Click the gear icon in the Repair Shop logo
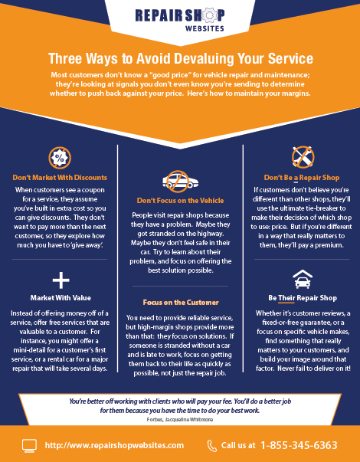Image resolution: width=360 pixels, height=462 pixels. (209, 15)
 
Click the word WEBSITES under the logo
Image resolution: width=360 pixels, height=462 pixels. (205, 28)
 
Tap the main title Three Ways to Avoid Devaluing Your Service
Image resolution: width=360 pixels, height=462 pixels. (181, 58)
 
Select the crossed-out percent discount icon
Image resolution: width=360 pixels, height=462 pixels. (60, 158)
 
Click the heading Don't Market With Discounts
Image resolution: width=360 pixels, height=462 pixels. (60, 178)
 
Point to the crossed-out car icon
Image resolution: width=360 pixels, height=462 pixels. (180, 182)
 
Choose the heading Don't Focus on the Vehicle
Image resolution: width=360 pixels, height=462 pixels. (180, 201)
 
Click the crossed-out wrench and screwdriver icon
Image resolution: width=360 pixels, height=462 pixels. (303, 157)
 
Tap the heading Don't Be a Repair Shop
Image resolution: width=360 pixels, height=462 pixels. (302, 178)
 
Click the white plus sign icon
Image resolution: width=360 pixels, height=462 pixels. (61, 280)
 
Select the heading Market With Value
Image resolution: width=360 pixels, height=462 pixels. (61, 298)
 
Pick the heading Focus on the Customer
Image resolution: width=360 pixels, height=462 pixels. (181, 303)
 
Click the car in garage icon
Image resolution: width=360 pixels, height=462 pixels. (303, 279)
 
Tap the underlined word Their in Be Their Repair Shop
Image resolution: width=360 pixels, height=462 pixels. (286, 298)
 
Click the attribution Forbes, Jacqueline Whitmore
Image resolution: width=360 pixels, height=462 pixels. (180, 419)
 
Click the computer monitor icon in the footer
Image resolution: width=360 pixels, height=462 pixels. (29, 446)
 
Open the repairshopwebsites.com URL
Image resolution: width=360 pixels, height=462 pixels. (114, 445)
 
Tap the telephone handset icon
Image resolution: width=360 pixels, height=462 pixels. (212, 446)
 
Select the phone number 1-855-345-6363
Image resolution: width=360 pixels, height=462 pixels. (299, 445)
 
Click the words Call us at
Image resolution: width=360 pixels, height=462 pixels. (238, 445)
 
